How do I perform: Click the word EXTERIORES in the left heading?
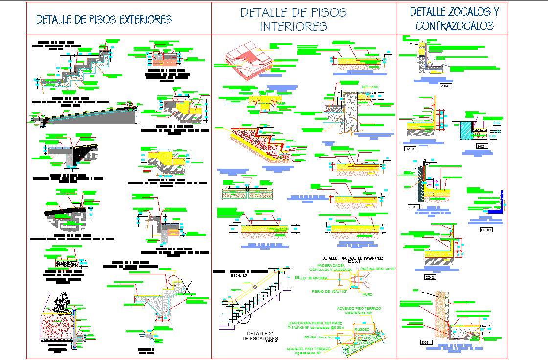tap(141, 20)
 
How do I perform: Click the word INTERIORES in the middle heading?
tap(294, 26)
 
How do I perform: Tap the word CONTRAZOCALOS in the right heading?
tap(455, 26)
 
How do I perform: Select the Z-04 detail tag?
tap(444, 86)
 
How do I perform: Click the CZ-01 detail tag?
tap(410, 148)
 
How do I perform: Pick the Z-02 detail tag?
tap(482, 146)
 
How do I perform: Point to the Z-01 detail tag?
tap(412, 207)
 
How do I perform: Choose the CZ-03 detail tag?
tap(486, 229)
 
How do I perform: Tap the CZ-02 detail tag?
tap(430, 277)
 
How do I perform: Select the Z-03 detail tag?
tap(425, 342)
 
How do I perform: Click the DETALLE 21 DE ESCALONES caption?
tap(260, 336)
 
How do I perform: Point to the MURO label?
tap(367, 295)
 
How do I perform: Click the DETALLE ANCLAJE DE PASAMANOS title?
tap(352, 258)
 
